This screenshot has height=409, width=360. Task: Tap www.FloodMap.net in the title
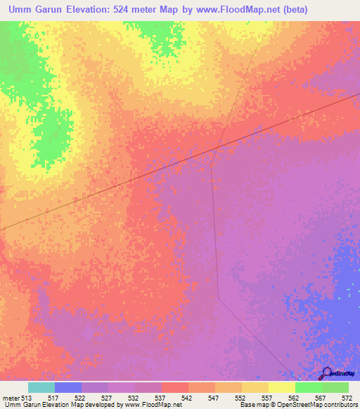pyautogui.click(x=257, y=11)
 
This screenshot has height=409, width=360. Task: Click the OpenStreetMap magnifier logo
pyautogui.click(x=327, y=373)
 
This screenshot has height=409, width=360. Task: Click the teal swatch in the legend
pyautogui.click(x=41, y=387)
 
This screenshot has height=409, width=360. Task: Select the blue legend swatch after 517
pyautogui.click(x=67, y=387)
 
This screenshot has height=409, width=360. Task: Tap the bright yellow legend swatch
pyautogui.click(x=281, y=387)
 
